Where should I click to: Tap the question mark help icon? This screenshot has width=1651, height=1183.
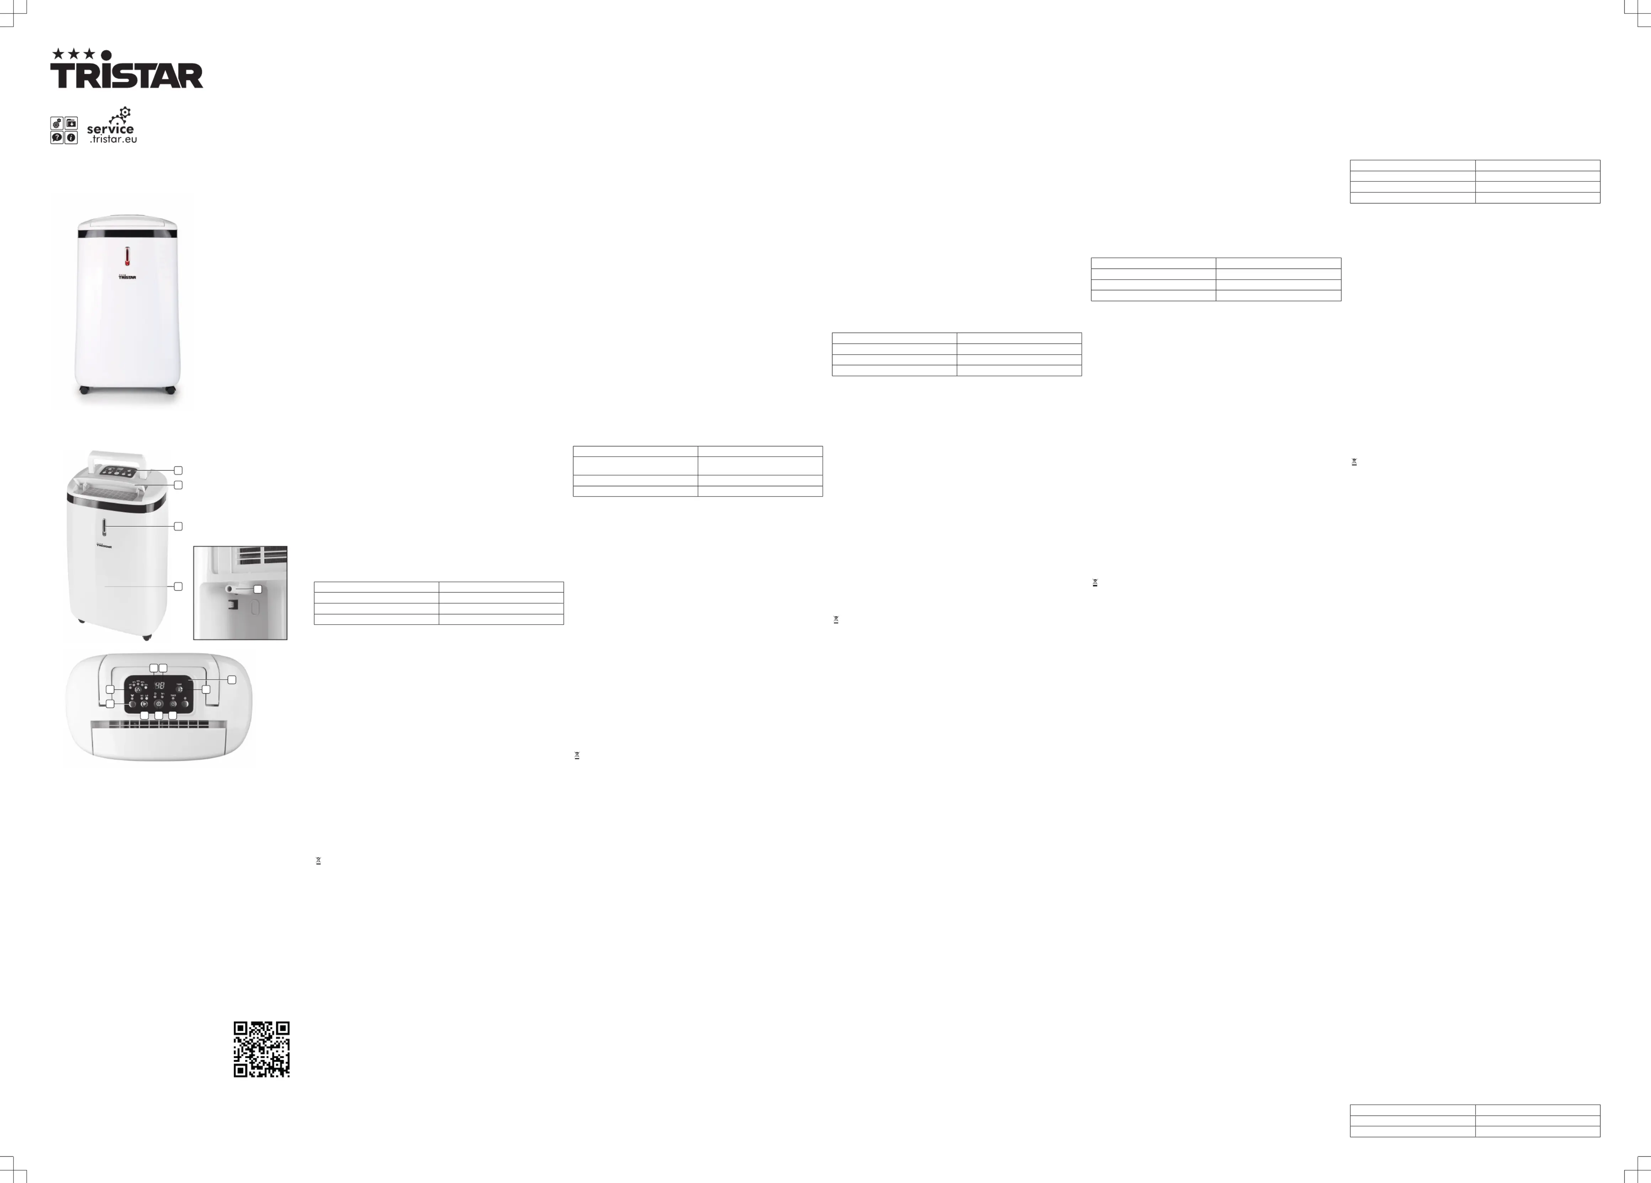point(57,138)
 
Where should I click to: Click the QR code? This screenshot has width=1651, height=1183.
point(261,1049)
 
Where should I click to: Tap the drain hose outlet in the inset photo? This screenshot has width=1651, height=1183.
point(230,588)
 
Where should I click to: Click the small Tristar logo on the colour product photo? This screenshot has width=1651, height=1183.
point(127,277)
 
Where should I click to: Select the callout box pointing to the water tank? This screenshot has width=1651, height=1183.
point(178,586)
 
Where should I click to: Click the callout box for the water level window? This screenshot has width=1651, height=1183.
point(178,526)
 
